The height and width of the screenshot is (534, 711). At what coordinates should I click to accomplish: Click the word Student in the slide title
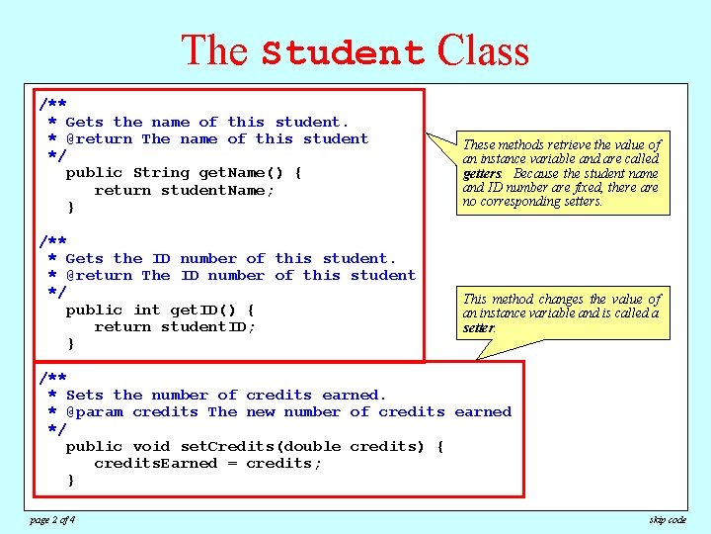point(343,52)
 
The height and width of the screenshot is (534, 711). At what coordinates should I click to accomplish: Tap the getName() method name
point(241,173)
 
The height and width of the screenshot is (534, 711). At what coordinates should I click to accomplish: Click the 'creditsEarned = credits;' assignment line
point(207,463)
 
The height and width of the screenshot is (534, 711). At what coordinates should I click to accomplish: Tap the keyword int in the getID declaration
point(146,310)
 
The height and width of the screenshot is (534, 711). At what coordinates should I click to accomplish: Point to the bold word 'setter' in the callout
point(478,328)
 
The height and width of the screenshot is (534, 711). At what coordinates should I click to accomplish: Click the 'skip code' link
point(668,519)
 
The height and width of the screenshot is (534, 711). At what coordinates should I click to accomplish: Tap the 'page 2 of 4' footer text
point(51,519)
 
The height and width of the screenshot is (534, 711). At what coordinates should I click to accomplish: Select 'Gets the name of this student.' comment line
point(207,122)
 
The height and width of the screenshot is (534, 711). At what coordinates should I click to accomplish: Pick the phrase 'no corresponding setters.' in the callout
point(532,202)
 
